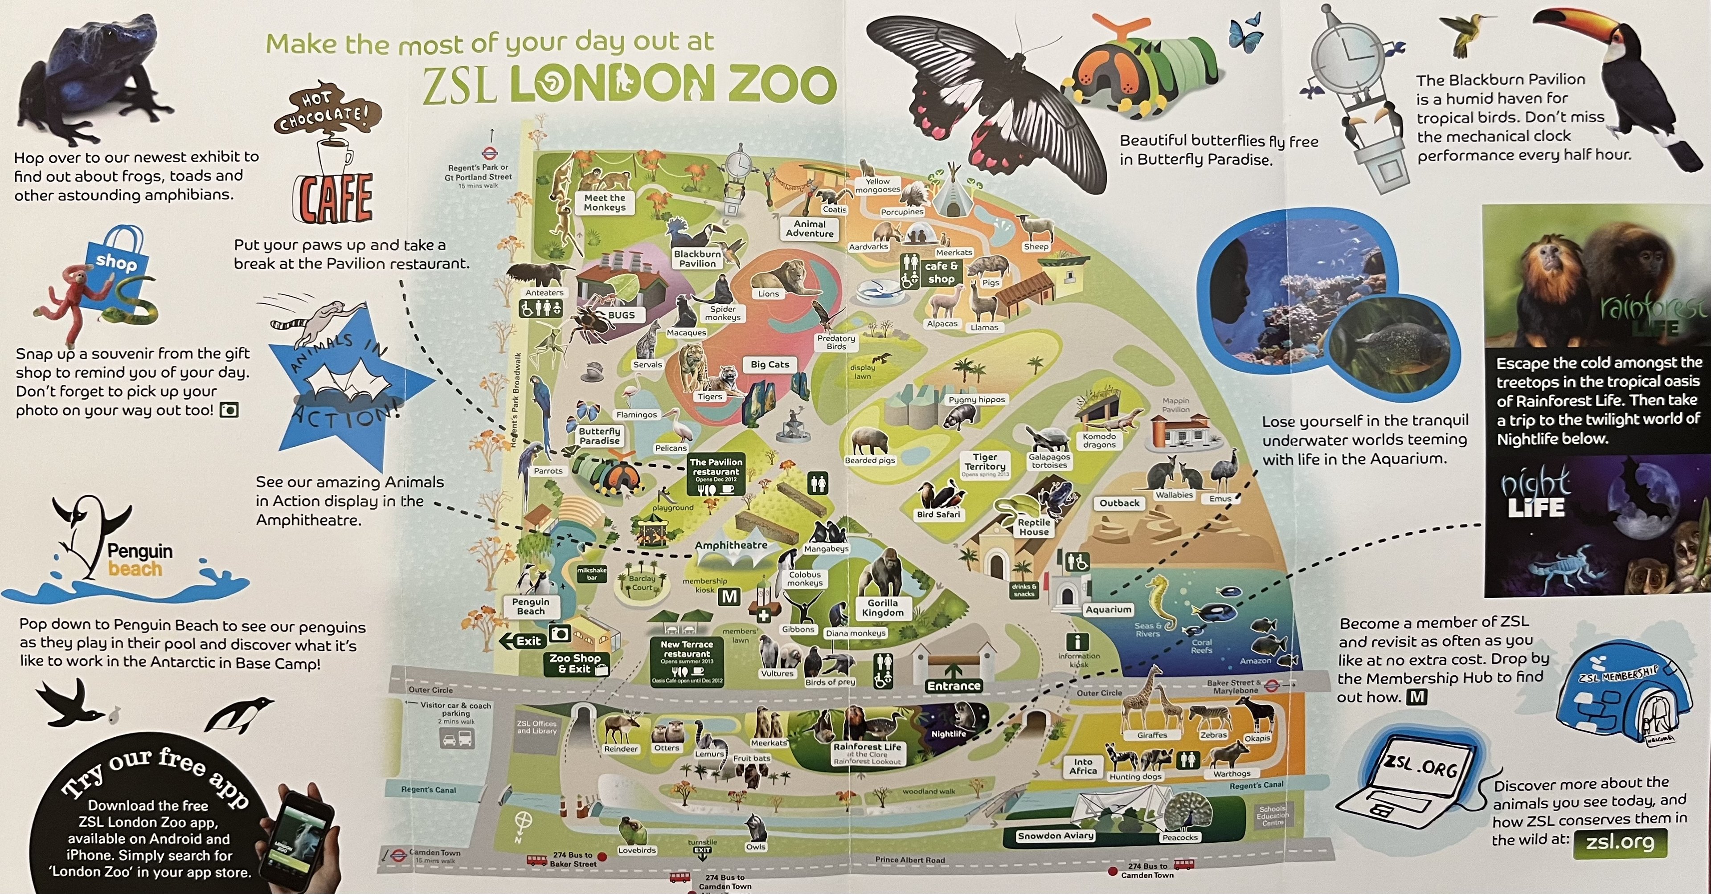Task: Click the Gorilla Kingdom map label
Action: tap(883, 608)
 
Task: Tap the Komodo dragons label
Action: tap(1099, 441)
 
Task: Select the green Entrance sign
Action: tap(954, 686)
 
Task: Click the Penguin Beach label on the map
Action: tap(531, 606)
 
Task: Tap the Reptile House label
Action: tap(1034, 527)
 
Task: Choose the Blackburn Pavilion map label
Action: tap(697, 258)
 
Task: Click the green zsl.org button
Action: tap(1619, 842)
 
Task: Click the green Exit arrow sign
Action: tap(523, 641)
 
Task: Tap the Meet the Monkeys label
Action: tap(605, 203)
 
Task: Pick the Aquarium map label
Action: tap(1108, 609)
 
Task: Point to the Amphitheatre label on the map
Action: tap(731, 545)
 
